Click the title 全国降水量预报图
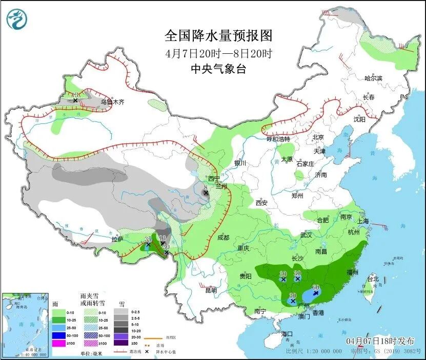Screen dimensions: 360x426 pyautogui.click(x=218, y=36)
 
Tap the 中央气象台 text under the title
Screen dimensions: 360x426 pyautogui.click(x=218, y=69)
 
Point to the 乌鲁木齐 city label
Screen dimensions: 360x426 pyautogui.click(x=112, y=102)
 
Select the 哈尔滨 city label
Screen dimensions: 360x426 pyautogui.click(x=373, y=78)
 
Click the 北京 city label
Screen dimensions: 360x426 pyautogui.click(x=318, y=137)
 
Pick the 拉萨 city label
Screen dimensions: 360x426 pyautogui.click(x=117, y=239)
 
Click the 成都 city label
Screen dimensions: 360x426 pyautogui.click(x=223, y=238)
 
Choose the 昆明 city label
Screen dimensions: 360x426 pyautogui.click(x=211, y=290)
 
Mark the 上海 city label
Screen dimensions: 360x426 pyautogui.click(x=363, y=221)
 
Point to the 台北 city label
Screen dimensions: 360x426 pyautogui.click(x=373, y=279)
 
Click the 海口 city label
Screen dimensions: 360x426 pyautogui.click(x=288, y=334)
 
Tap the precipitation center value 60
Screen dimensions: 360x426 pyautogui.click(x=316, y=288)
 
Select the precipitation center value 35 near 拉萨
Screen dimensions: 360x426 pyautogui.click(x=148, y=239)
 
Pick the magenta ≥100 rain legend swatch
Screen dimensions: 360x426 pyautogui.click(x=59, y=343)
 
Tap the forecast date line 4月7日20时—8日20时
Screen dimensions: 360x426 pyautogui.click(x=218, y=53)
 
